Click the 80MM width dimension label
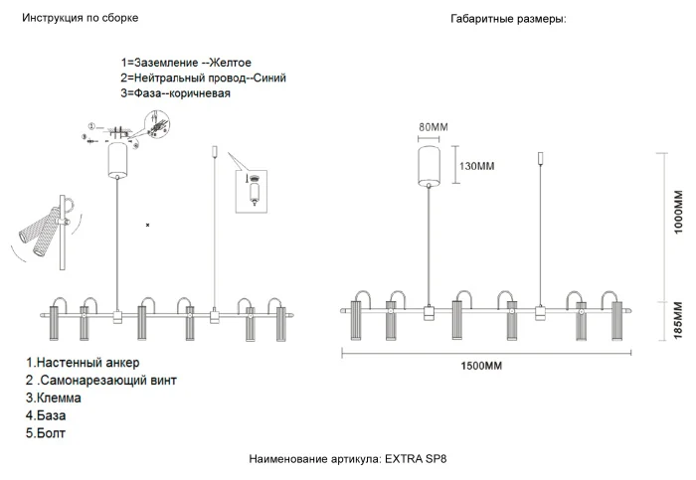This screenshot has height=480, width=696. click(434, 128)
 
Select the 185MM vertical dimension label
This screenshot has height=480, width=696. click(679, 319)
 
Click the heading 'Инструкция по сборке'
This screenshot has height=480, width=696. click(81, 19)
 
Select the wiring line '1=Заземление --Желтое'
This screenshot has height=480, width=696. click(186, 63)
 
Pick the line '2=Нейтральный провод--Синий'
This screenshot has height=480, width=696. click(197, 78)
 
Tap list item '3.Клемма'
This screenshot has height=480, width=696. click(55, 398)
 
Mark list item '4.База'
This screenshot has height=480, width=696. click(48, 415)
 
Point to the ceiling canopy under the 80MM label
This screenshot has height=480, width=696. click(430, 164)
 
